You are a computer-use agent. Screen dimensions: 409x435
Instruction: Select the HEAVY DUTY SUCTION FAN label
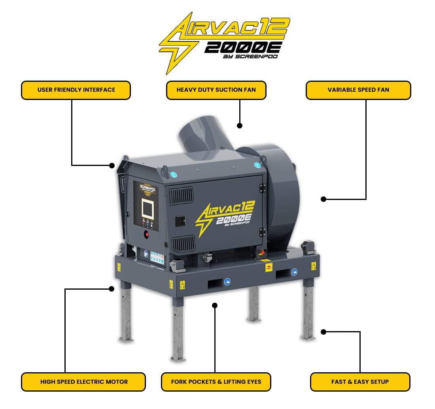coord(216,90)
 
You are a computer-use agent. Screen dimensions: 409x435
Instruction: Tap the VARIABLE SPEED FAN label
coord(358,90)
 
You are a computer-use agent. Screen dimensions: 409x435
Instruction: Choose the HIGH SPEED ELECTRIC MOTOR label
coord(84,382)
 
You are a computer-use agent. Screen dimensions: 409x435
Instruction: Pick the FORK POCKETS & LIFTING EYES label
coord(216,382)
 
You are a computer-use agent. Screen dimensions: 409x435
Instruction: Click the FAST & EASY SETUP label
coord(360,382)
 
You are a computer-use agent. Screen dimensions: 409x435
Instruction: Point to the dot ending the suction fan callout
coord(239,126)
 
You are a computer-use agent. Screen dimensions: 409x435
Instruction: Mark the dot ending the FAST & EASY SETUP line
coord(323,332)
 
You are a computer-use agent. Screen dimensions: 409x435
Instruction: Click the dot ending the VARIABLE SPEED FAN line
coord(323,199)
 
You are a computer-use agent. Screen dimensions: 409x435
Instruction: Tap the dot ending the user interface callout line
coord(112,165)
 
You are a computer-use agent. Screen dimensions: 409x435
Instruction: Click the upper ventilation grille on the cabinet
coord(181,196)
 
